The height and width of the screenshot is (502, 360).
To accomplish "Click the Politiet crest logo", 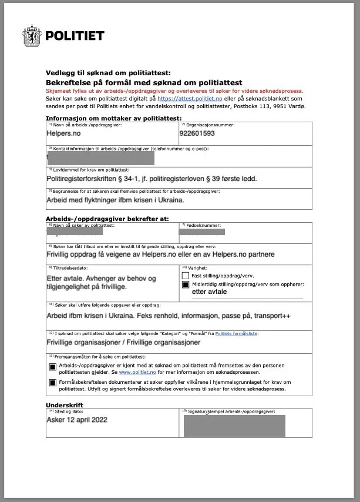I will pos(32,35).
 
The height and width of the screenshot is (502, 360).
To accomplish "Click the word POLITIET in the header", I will pos(75,36).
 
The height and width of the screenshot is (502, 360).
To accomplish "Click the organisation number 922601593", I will pos(197,133).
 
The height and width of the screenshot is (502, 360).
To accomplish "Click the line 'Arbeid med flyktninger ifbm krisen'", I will pos(115,200).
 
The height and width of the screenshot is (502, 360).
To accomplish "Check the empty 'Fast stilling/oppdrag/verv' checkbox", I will pos(186,275).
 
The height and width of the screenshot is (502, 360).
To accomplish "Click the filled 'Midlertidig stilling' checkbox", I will pos(186,285).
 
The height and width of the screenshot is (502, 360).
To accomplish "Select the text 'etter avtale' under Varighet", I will pos(209,292).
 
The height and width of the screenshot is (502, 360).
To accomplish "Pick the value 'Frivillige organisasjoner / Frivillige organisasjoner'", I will pos(123,342).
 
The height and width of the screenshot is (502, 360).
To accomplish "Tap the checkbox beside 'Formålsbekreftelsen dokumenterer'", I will pos(52,383).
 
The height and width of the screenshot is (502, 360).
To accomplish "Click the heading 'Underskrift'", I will pos(65,405).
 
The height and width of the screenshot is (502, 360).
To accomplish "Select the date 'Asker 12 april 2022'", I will pos(77,420).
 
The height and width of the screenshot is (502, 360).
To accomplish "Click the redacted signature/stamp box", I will pos(234,425).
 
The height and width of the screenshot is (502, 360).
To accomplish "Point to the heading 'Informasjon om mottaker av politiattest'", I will pos(105,118).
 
